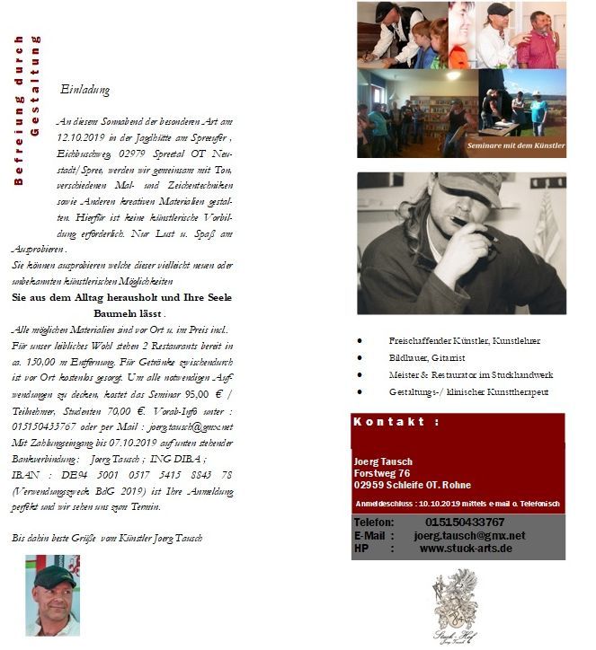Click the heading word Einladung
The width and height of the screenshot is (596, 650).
(85, 91)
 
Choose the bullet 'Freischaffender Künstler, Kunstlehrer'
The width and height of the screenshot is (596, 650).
(464, 341)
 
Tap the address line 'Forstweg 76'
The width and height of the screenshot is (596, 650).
(382, 473)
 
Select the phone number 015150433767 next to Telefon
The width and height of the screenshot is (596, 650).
(464, 522)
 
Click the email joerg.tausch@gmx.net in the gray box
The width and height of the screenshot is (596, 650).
(469, 535)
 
